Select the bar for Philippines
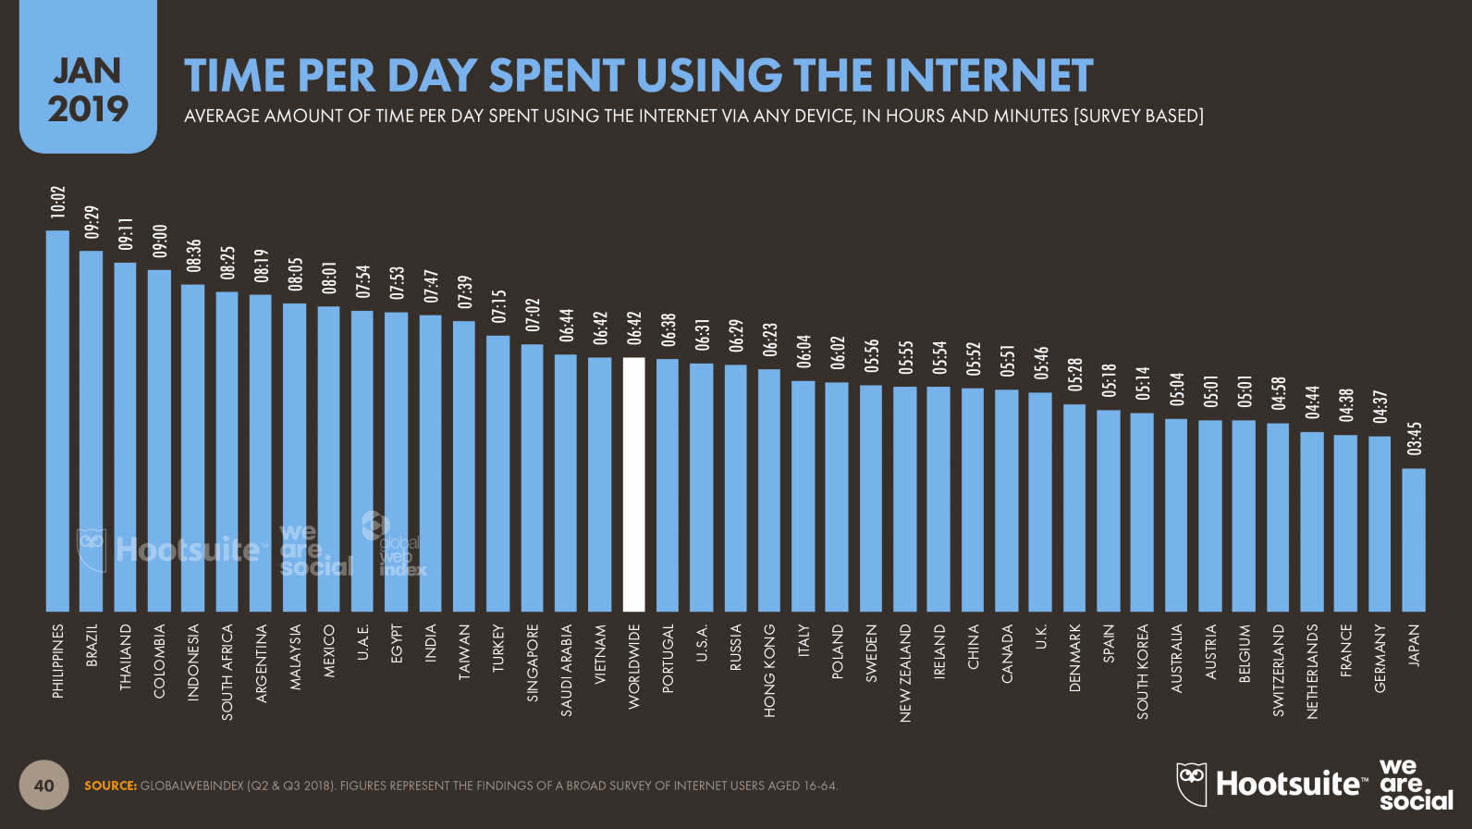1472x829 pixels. (57, 421)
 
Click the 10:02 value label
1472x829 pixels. (58, 203)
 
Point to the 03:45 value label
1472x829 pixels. (1414, 439)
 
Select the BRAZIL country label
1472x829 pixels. (92, 646)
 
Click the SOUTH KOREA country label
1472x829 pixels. (1143, 671)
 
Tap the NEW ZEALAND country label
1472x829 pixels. (905, 673)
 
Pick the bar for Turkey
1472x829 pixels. (498, 473)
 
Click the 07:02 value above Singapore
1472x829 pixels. (533, 315)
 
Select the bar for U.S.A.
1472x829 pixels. (702, 487)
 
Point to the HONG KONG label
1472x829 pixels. (769, 671)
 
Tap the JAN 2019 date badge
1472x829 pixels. (88, 90)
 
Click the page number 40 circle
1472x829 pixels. (43, 786)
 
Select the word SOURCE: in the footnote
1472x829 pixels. (111, 786)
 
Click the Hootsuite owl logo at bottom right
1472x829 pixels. (1192, 784)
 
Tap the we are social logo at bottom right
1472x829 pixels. (1414, 785)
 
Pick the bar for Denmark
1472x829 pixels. (1074, 507)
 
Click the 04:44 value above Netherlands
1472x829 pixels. (1312, 402)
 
